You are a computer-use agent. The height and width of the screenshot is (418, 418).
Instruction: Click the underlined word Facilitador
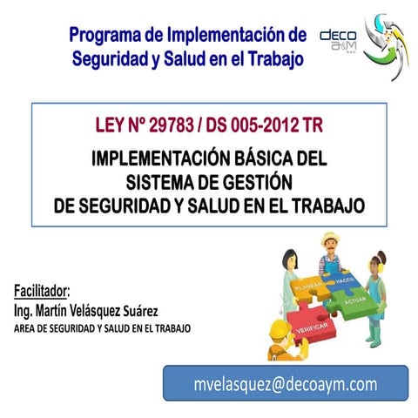[x=42, y=291]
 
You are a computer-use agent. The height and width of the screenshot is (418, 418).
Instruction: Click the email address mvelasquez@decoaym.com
[x=285, y=384]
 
